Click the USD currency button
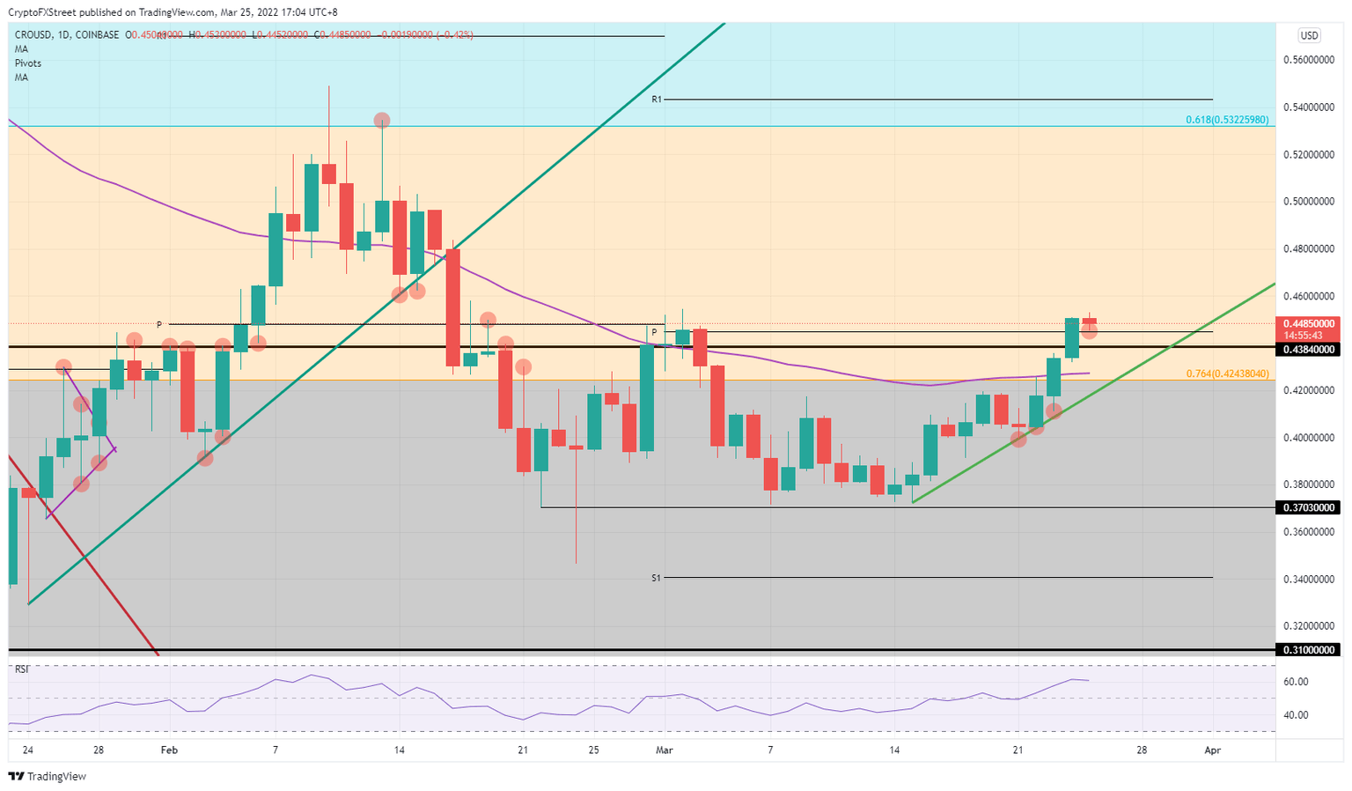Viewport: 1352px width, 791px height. click(1309, 35)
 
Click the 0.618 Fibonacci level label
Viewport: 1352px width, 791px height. click(1226, 120)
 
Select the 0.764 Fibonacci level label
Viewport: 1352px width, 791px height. click(1227, 373)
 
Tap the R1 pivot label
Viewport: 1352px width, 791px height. click(657, 100)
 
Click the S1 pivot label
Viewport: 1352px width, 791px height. click(657, 578)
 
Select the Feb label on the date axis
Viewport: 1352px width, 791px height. click(169, 750)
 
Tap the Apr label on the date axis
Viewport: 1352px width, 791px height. click(1212, 750)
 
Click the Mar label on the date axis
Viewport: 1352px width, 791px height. click(665, 750)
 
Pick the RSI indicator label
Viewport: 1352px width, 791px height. click(21, 669)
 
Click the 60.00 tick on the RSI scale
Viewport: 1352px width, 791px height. click(1297, 682)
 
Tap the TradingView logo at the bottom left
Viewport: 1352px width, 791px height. click(48, 777)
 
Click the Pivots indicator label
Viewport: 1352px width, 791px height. click(27, 63)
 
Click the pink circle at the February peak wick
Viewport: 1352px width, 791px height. click(381, 121)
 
